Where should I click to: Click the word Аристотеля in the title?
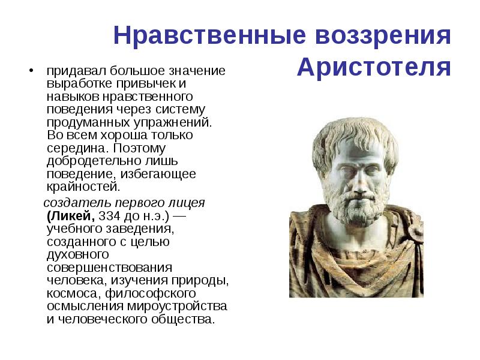(373, 67)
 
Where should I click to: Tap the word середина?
(70, 148)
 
